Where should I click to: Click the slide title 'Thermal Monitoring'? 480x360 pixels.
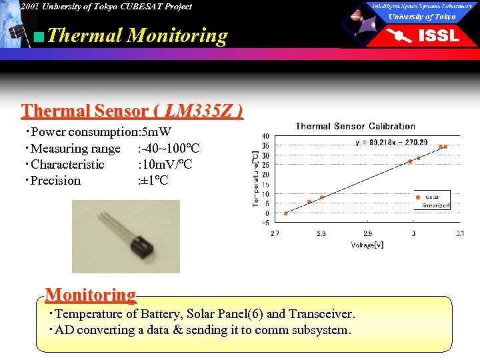(137, 35)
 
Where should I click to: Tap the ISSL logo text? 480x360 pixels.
(438, 36)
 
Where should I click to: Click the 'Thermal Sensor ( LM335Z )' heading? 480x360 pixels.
(132, 111)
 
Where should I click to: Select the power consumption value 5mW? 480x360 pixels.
(155, 132)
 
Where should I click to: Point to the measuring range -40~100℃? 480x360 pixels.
(169, 149)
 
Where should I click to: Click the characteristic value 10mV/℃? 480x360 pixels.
(165, 165)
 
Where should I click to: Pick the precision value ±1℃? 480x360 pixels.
(153, 181)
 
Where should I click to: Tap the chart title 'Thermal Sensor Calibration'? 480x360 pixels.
(355, 126)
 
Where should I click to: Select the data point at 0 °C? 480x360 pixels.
(286, 213)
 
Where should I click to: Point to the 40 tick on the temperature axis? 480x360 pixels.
(265, 137)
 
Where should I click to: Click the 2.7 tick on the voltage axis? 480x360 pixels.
(275, 234)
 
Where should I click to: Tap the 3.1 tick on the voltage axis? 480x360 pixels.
(459, 234)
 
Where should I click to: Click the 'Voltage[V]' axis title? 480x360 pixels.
(367, 245)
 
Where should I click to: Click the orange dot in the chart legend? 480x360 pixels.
(418, 197)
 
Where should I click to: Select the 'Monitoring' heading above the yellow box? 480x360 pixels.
(91, 295)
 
